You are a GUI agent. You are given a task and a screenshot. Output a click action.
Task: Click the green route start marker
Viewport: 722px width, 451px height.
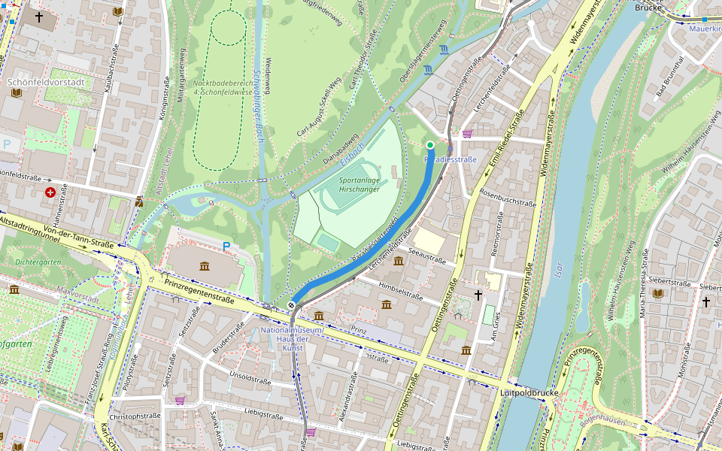point(430,144)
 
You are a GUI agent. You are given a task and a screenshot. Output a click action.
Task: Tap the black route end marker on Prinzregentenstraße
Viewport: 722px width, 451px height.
point(291,305)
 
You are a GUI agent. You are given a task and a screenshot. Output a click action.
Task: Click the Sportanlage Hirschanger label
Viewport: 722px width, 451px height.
point(358,185)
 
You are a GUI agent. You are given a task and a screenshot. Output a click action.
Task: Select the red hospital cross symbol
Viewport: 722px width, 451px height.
point(50,192)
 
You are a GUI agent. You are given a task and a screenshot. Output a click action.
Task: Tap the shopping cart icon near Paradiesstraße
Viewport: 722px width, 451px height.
point(468,135)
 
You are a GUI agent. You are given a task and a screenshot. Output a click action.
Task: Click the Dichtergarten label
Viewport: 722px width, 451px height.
point(38,262)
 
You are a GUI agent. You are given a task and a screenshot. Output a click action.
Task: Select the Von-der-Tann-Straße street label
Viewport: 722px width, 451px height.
point(79,238)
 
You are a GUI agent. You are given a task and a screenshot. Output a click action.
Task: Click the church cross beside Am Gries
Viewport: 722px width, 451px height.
point(478,295)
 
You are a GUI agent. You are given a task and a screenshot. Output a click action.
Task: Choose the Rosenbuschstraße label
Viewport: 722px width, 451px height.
point(507,203)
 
